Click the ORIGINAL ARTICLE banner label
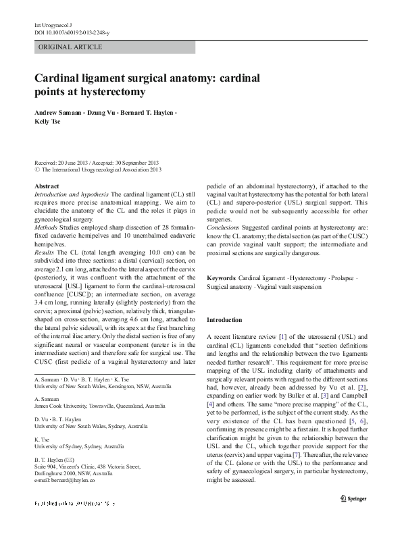click(71, 47)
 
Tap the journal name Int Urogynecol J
click(52, 25)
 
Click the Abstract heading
click(47, 186)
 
